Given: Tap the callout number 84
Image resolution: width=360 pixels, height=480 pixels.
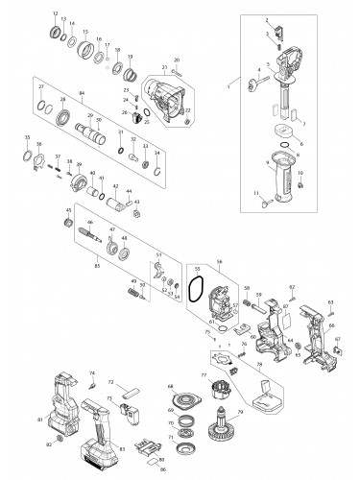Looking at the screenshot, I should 83,92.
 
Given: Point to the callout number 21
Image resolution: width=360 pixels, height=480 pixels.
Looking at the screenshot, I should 164,67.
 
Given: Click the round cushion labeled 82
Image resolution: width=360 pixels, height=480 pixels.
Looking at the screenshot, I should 61,437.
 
